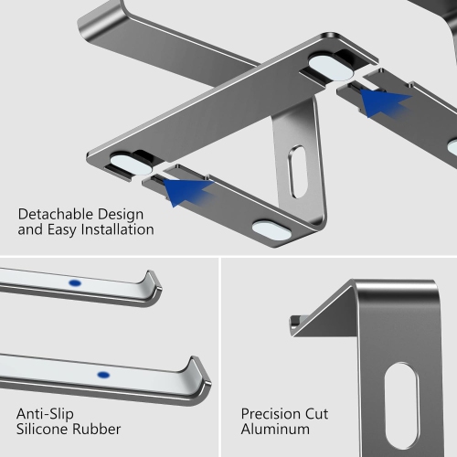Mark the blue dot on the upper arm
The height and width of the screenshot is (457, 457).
coord(74,283)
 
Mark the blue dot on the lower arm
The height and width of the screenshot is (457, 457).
coord(102,374)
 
